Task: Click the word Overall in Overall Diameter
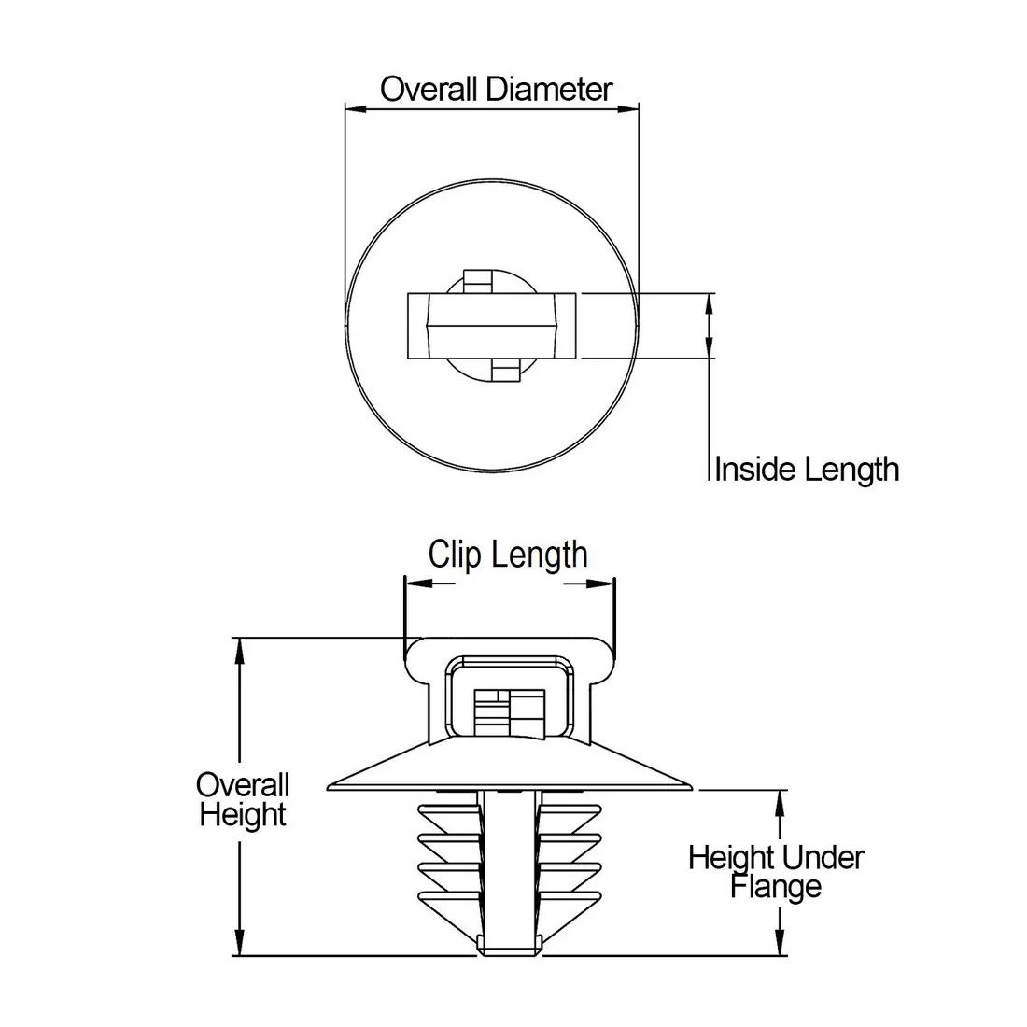[x=430, y=90]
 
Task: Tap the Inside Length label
[x=807, y=469]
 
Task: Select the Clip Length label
[x=508, y=554]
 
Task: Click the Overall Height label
[x=243, y=799]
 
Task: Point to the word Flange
[x=776, y=886]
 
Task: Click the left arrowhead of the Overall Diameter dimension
[x=356, y=109]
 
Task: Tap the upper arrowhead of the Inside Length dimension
[x=710, y=302]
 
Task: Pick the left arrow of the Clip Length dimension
[x=417, y=584]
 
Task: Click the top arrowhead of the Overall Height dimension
[x=241, y=650]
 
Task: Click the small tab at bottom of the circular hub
[x=505, y=373]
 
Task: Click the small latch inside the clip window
[x=508, y=714]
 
